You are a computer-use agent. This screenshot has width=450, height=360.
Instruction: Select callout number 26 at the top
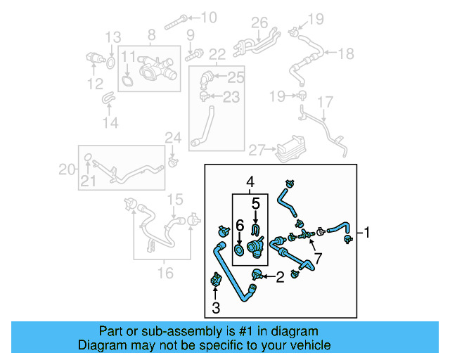pyautogui.click(x=260, y=22)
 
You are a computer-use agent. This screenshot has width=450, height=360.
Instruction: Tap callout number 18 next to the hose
pyautogui.click(x=345, y=53)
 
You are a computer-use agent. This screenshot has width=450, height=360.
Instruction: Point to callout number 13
pyautogui.click(x=113, y=37)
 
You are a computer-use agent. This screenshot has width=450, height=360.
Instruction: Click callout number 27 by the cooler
pyautogui.click(x=257, y=150)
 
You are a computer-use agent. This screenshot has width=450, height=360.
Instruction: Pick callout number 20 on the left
pyautogui.click(x=66, y=169)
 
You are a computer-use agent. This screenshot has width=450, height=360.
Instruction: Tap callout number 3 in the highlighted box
pyautogui.click(x=217, y=307)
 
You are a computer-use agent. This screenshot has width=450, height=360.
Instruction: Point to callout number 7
pyautogui.click(x=318, y=259)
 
